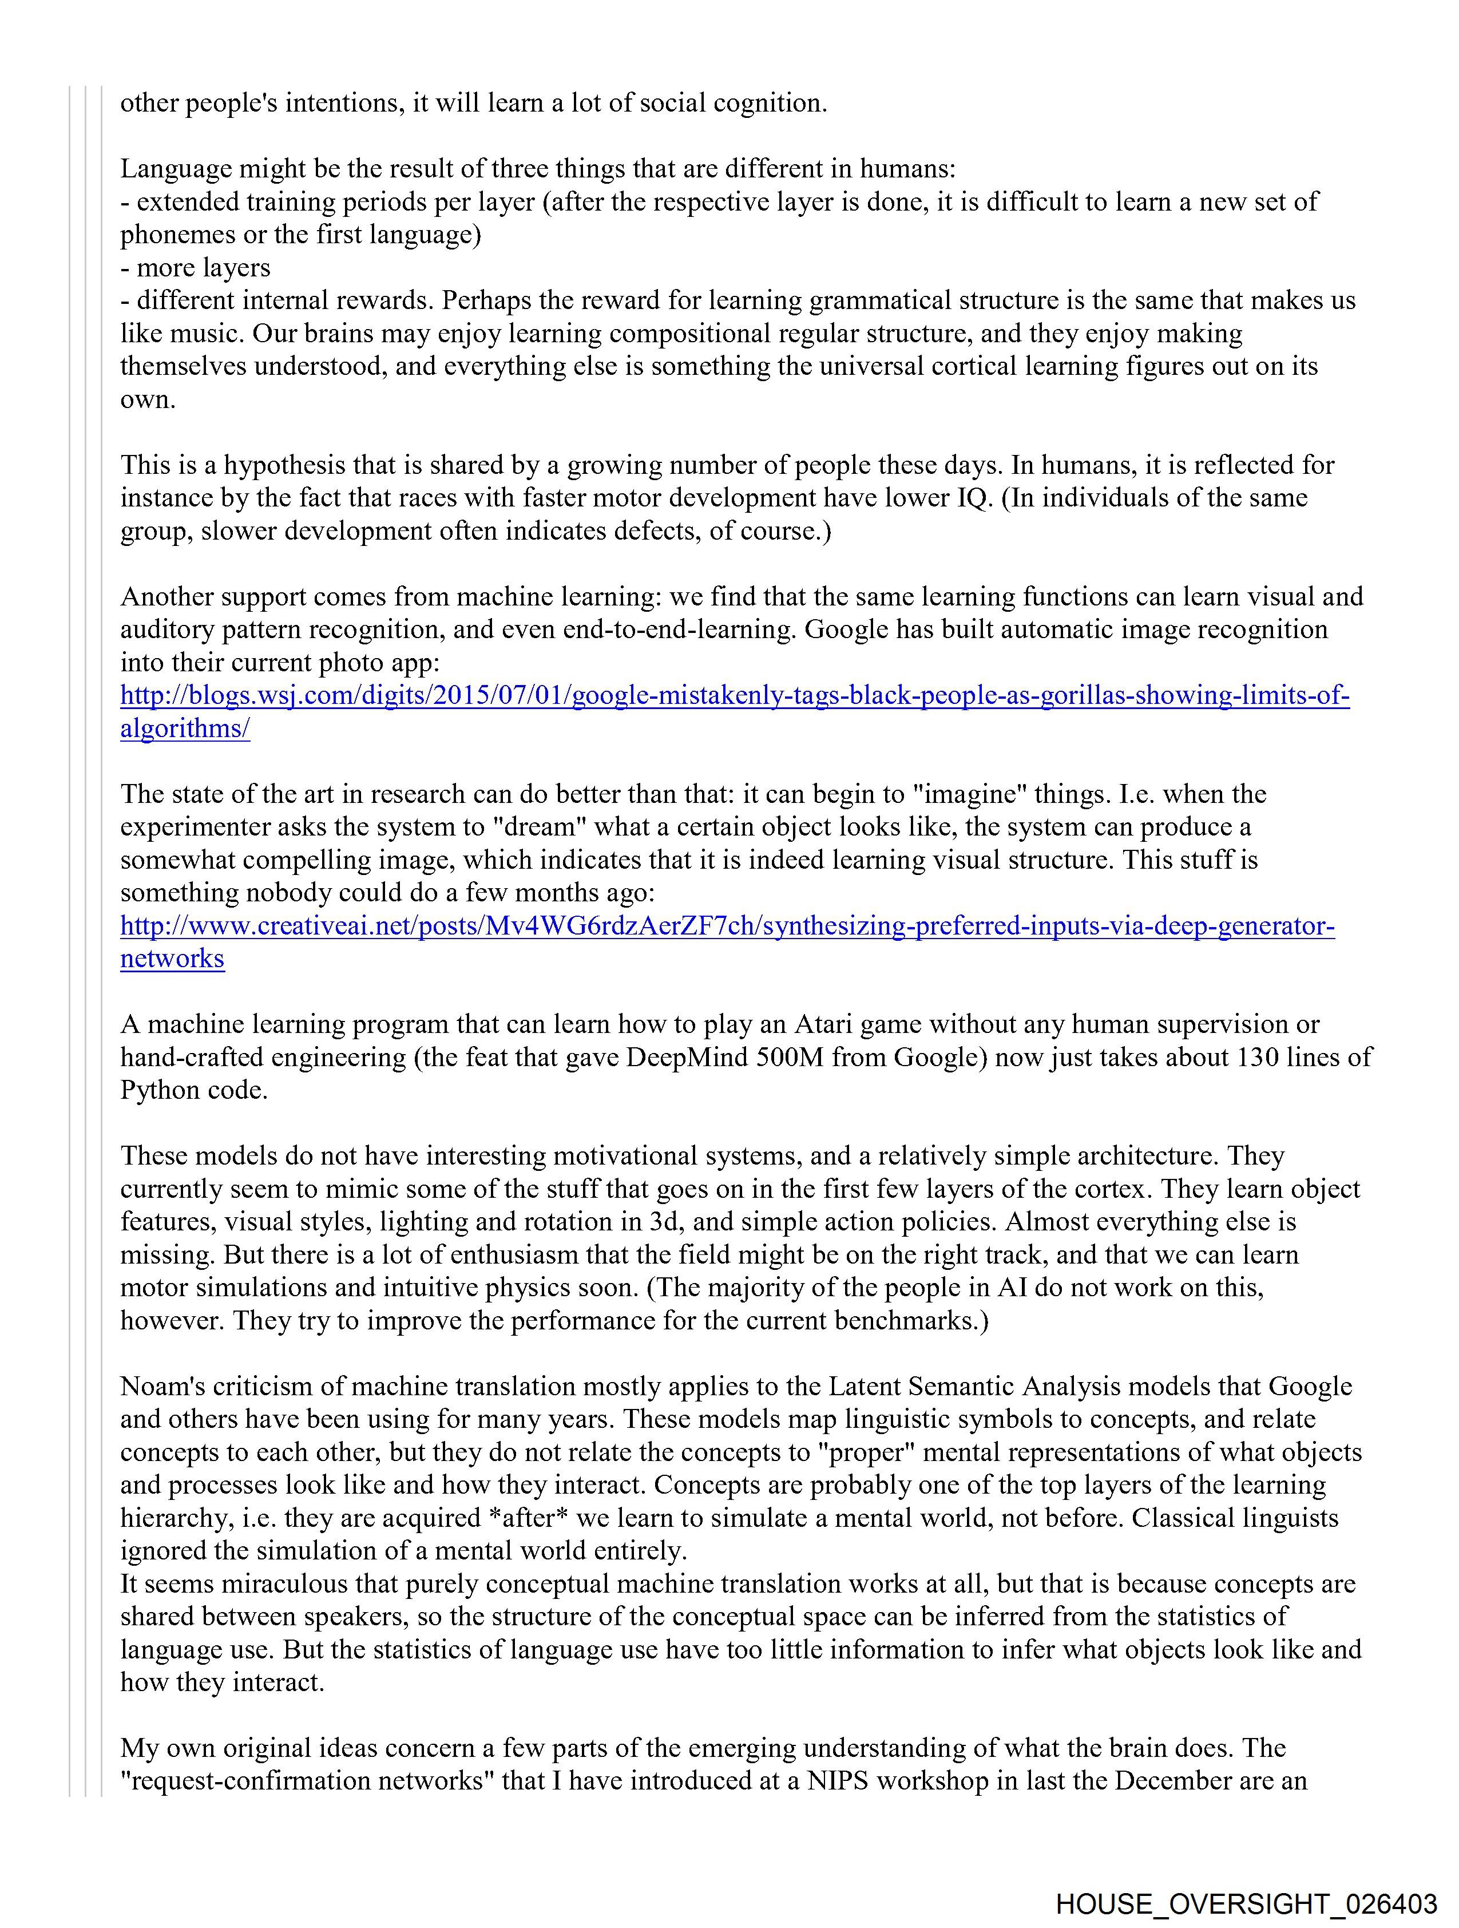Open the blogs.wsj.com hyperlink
pyautogui.click(x=734, y=695)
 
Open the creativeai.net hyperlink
pyautogui.click(x=727, y=925)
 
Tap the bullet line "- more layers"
pyautogui.click(x=195, y=268)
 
